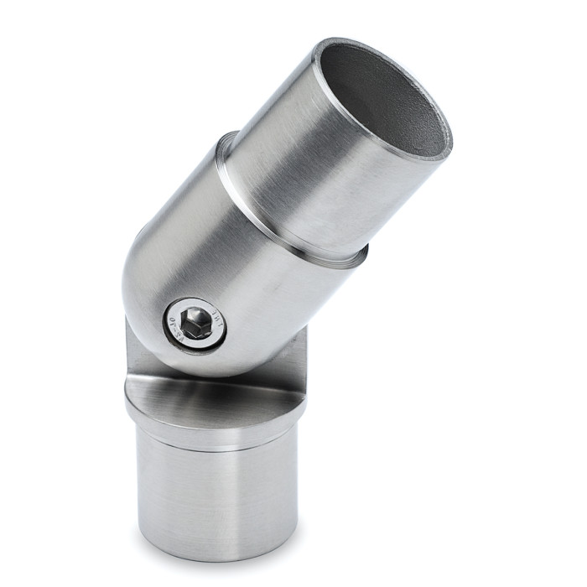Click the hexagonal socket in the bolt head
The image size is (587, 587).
[196, 323]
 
